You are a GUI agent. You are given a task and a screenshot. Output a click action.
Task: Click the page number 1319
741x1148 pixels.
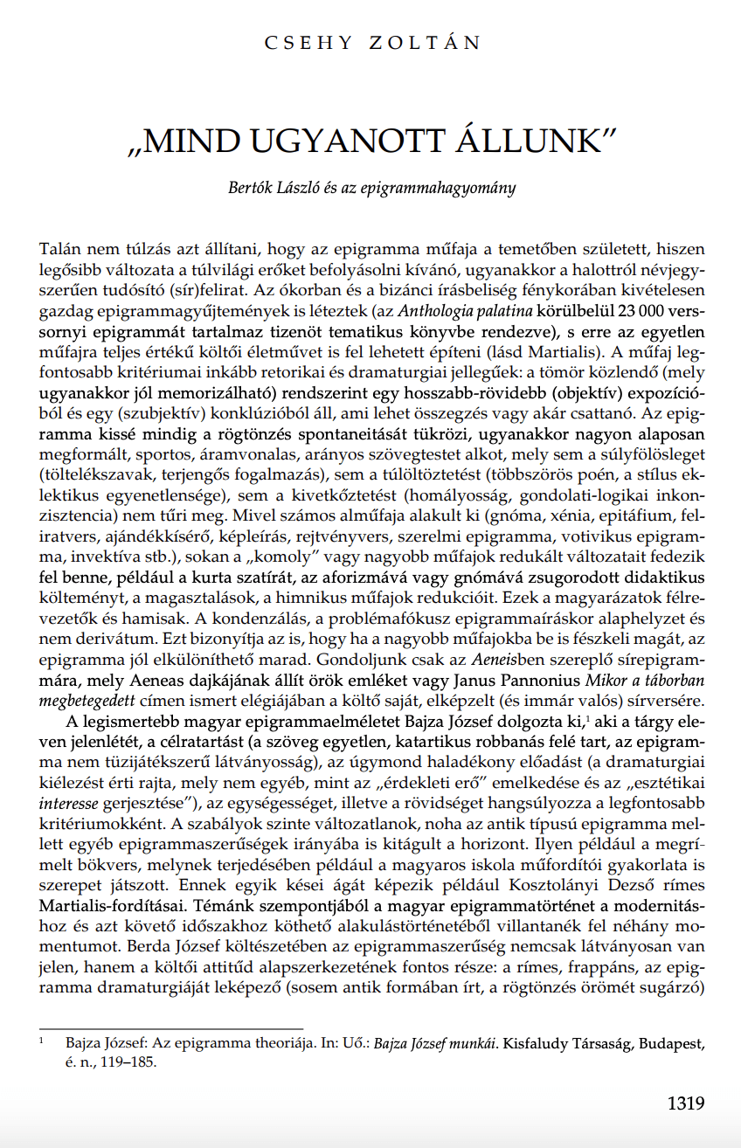pos(686,1103)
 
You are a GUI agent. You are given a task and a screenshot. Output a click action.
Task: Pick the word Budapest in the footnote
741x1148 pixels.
pos(670,1044)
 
